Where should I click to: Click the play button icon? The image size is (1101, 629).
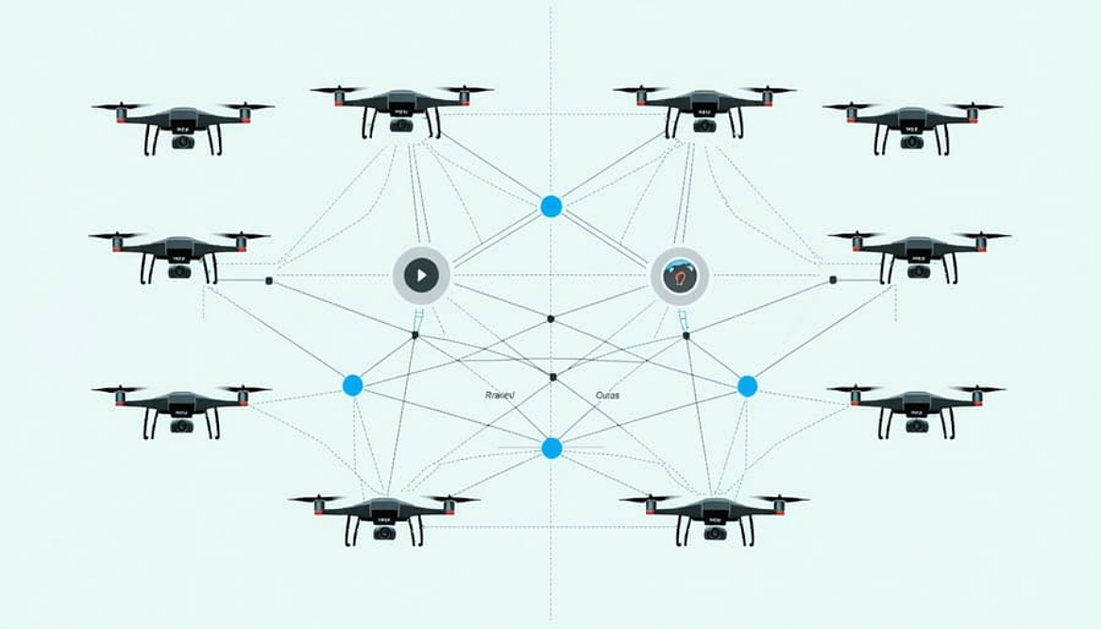coord(421,276)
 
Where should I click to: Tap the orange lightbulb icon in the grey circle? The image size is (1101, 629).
coord(680,276)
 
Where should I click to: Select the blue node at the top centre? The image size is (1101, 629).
coord(551,207)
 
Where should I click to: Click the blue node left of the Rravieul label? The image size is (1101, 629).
coord(352,384)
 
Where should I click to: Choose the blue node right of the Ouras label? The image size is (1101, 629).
coord(747,385)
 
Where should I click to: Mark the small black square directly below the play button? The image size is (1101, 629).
coord(415,334)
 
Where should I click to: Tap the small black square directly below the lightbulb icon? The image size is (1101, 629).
coord(686,334)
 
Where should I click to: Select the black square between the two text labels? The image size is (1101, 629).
coord(553,377)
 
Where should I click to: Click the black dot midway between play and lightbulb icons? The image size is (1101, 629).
coord(550,317)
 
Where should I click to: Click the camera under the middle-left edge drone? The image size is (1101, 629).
coord(179,272)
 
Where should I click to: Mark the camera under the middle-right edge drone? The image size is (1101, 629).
coord(919,272)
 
